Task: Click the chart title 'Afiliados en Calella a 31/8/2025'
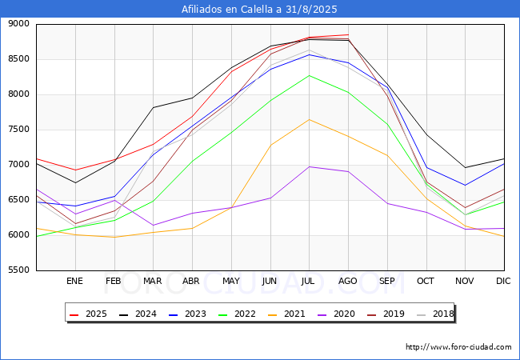click(260, 9)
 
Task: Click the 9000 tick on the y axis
click(18, 24)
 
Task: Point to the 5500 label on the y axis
click(18, 270)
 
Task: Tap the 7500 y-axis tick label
click(18, 130)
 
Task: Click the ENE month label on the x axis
click(74, 281)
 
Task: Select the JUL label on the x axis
click(309, 281)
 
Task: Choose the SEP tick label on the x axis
click(387, 281)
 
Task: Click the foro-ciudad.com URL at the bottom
click(458, 347)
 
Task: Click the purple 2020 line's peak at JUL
click(309, 166)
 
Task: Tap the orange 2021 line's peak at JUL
click(309, 120)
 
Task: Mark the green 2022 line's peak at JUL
click(309, 75)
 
